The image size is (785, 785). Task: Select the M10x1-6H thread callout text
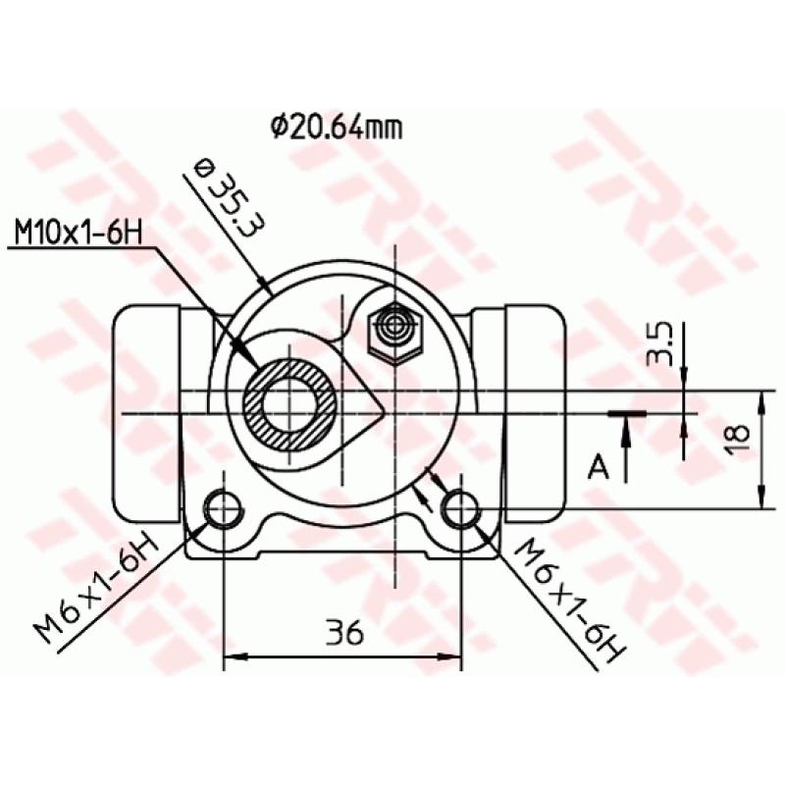78,235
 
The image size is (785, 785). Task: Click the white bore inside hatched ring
291,402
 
